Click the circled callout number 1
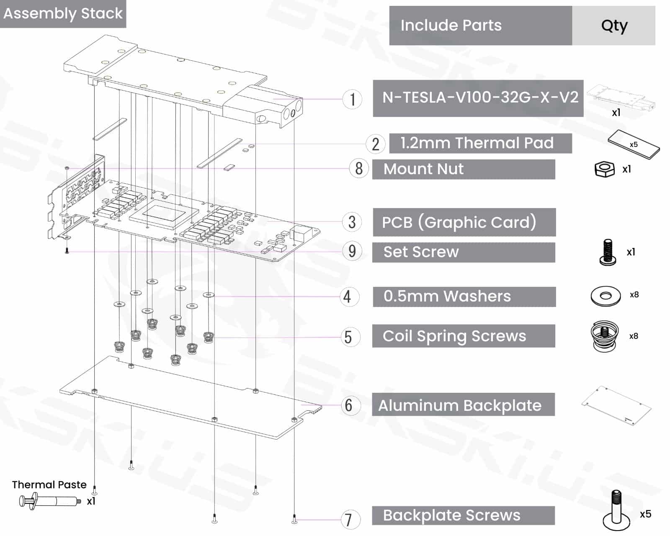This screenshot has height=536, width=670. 352,99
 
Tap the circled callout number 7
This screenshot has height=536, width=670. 348,520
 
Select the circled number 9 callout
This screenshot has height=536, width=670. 352,251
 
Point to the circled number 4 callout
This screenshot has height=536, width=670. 348,297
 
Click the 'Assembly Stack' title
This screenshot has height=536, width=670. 63,13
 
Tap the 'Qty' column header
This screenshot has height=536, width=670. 614,26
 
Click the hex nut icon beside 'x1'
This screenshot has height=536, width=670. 605,169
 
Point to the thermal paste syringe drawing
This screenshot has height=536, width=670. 49,501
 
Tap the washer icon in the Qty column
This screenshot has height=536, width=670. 606,296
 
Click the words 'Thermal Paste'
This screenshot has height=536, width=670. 49,484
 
